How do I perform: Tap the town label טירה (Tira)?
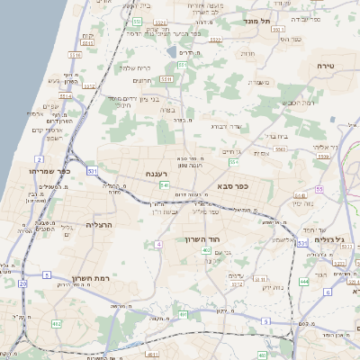pos(326,67)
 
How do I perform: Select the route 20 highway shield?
pos(22,283)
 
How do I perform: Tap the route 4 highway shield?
pos(158,244)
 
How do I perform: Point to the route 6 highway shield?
pos(328,292)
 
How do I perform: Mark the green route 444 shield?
pos(304,281)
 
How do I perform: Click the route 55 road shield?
pos(319,190)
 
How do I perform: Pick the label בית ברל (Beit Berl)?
pos(275,136)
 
